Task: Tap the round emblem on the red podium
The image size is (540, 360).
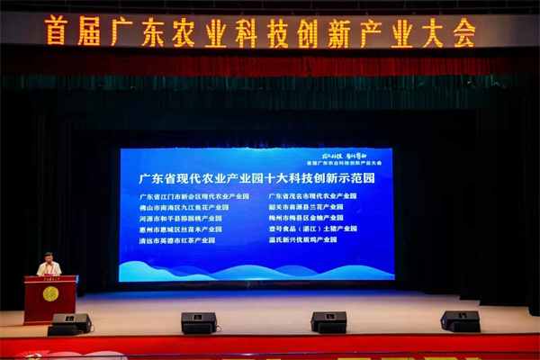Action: (x=50, y=293)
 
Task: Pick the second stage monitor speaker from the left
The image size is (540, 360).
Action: (x=199, y=322)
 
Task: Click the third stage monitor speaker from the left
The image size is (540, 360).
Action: (x=328, y=321)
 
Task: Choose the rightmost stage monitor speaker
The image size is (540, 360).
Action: (x=460, y=320)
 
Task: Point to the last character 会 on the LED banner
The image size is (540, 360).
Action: (x=463, y=33)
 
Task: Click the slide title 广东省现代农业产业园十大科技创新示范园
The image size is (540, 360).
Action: (x=256, y=177)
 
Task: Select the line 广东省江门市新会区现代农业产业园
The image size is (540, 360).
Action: (x=193, y=196)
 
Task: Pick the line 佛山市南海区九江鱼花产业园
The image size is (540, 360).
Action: (x=184, y=207)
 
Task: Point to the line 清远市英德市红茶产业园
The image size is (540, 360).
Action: (x=177, y=240)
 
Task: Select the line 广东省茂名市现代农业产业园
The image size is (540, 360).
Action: (x=312, y=195)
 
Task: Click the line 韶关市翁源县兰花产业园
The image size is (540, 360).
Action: (x=306, y=206)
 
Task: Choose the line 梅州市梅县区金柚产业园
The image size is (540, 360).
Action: (x=306, y=218)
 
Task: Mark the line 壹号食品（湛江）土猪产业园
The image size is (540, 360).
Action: (x=312, y=229)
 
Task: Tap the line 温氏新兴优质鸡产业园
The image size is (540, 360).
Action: (x=302, y=239)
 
